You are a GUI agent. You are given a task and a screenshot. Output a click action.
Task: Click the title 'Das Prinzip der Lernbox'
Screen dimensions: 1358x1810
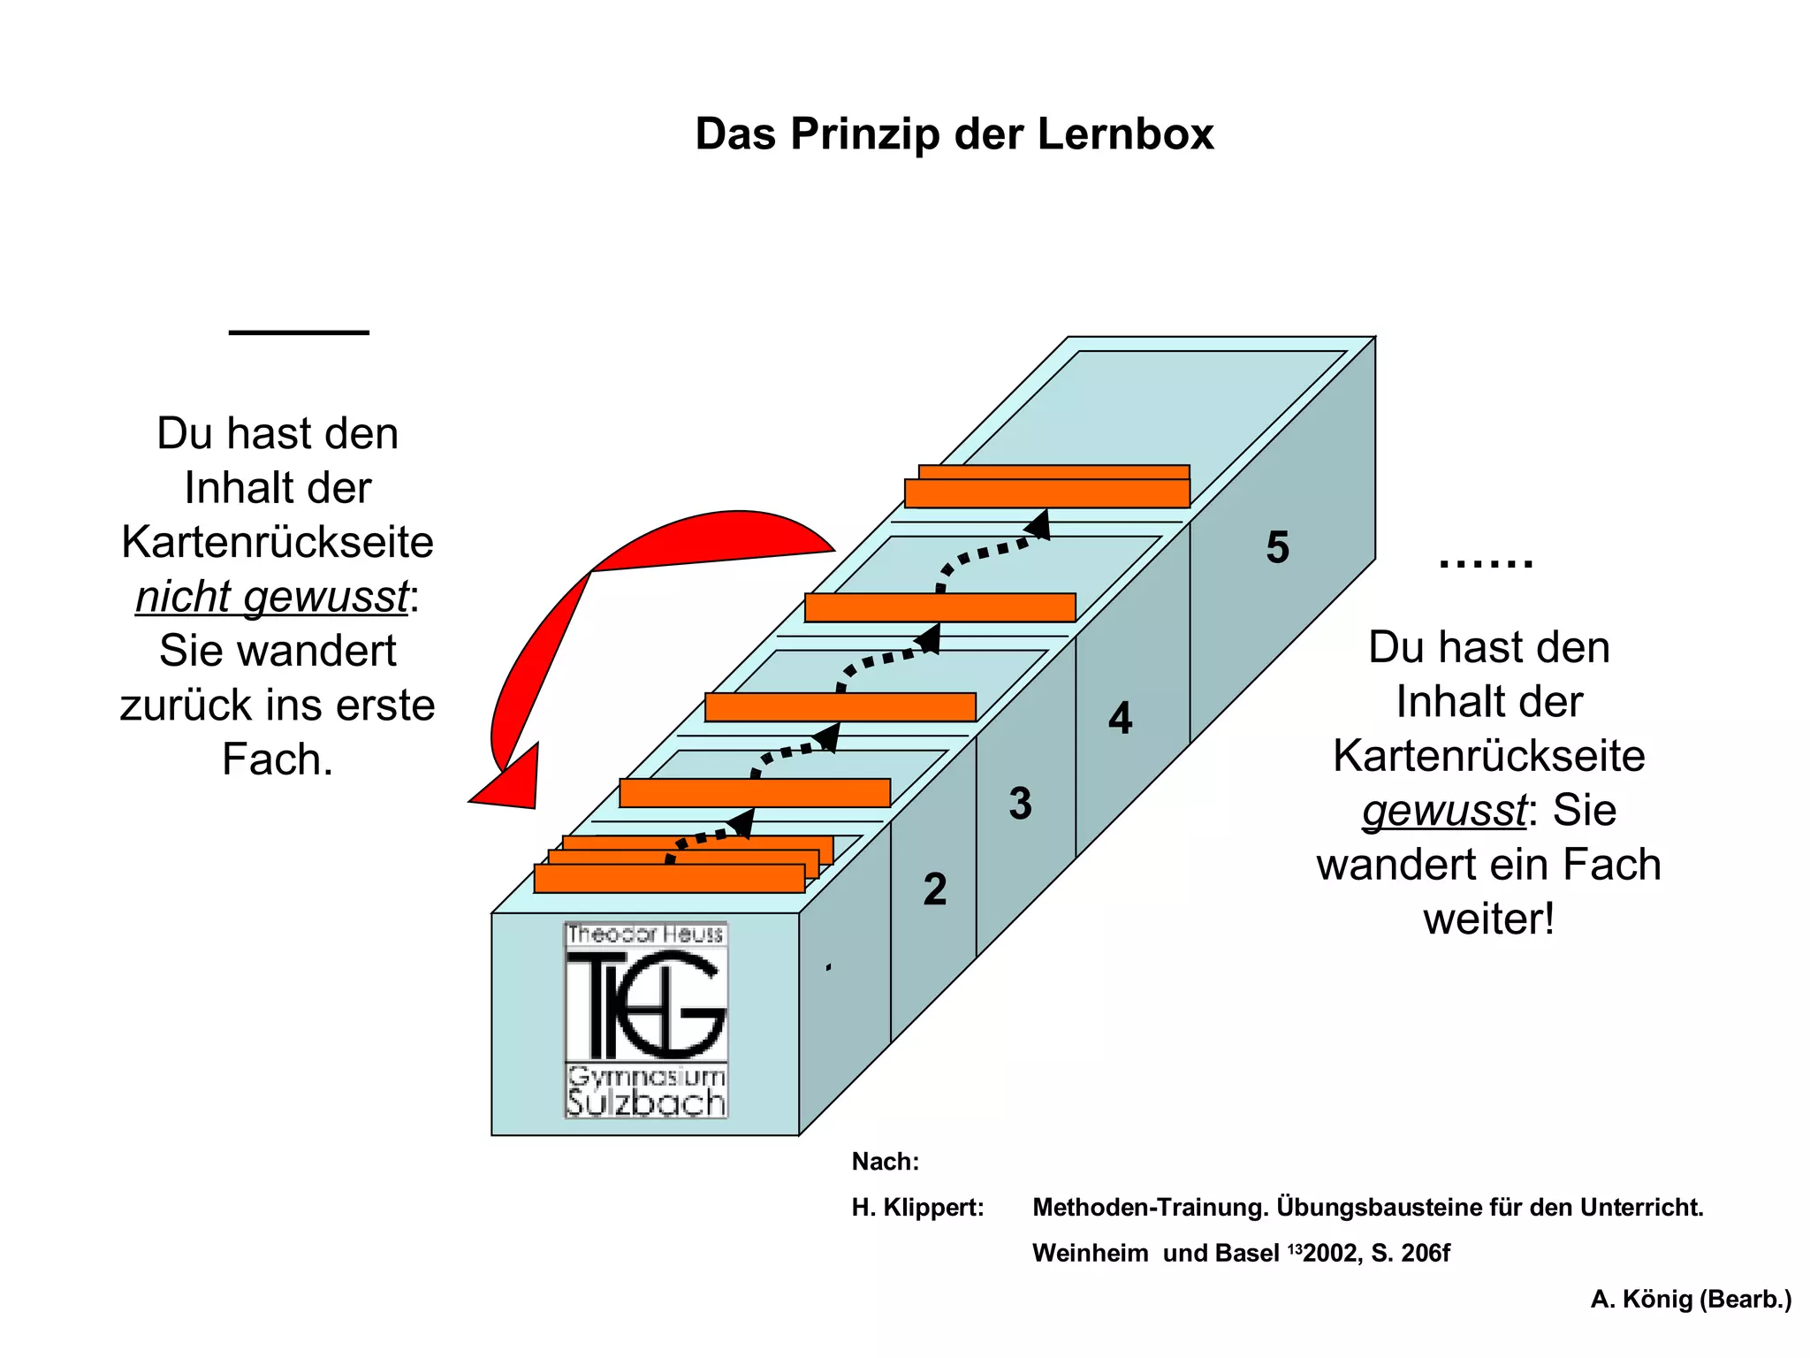click(954, 134)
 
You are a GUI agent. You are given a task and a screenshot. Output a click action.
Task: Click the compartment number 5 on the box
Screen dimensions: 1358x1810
click(1277, 547)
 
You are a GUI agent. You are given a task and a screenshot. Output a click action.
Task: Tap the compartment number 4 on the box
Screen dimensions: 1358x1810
click(1120, 718)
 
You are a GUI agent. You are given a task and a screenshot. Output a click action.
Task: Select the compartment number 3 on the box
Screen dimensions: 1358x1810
click(1020, 804)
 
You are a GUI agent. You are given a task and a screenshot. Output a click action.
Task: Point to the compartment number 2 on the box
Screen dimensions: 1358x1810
click(934, 889)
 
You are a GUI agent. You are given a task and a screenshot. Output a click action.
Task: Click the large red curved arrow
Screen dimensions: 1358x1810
click(566, 619)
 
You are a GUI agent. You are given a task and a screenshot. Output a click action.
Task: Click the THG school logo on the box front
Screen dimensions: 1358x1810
click(646, 1019)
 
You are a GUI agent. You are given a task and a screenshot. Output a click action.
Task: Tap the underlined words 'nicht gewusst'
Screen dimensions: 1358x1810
click(271, 597)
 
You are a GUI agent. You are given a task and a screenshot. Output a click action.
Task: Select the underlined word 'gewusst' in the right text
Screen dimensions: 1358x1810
click(1443, 811)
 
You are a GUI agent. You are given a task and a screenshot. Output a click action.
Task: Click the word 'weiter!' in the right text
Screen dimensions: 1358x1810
click(1488, 919)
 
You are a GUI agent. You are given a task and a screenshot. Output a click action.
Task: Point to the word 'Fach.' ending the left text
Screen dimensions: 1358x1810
click(278, 759)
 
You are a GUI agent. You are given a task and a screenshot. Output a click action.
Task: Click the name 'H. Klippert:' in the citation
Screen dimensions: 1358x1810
click(917, 1208)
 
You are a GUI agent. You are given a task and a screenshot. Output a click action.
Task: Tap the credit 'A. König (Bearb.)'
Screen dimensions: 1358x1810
click(1691, 1299)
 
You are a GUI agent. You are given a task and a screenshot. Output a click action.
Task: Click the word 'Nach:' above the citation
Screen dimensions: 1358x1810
click(885, 1162)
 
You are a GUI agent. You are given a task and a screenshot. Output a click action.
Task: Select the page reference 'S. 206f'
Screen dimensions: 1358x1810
click(1411, 1254)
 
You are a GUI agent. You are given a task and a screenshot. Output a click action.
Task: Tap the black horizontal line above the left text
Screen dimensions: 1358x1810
click(299, 332)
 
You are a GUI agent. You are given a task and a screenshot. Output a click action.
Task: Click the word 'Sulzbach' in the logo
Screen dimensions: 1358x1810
click(646, 1103)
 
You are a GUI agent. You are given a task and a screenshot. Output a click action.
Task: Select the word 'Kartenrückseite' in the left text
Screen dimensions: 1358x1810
click(278, 542)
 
